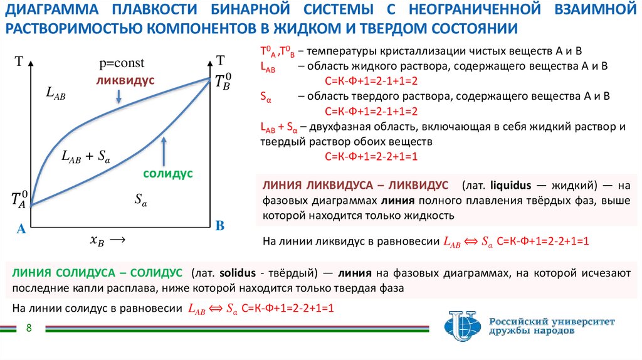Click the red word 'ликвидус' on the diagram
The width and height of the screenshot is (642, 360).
[x=125, y=81]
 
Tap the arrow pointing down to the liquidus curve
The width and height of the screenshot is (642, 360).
[x=118, y=96]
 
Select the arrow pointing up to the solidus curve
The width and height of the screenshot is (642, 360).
[x=164, y=151]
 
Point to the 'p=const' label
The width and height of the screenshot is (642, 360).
[x=121, y=63]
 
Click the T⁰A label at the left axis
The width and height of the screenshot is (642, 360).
[x=19, y=199]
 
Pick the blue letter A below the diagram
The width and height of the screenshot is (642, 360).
[x=21, y=230]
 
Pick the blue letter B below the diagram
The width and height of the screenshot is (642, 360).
[x=219, y=225]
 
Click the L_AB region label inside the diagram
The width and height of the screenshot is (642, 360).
[x=56, y=93]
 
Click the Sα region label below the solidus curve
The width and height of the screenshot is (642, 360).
[x=141, y=200]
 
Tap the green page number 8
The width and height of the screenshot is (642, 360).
[x=29, y=330]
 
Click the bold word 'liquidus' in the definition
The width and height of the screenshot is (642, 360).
[x=510, y=186]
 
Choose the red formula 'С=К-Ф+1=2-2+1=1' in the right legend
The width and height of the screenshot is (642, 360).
[x=371, y=156]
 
